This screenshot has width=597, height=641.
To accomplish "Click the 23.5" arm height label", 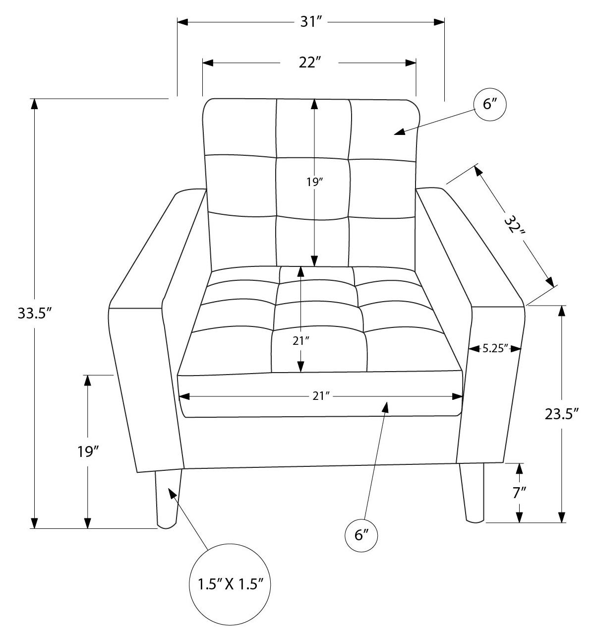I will click(x=562, y=414).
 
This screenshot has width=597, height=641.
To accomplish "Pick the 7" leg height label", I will click(x=519, y=493).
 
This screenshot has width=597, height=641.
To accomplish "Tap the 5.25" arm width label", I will click(x=496, y=349).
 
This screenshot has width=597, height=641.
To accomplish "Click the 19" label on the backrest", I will click(x=314, y=183).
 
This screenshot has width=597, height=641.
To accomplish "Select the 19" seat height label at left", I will click(x=88, y=452).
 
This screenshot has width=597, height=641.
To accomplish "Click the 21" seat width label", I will click(x=321, y=396).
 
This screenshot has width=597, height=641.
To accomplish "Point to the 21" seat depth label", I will click(x=301, y=340).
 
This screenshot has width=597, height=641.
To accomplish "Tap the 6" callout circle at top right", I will click(x=489, y=105).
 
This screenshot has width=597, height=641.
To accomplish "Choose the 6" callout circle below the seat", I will click(x=362, y=535).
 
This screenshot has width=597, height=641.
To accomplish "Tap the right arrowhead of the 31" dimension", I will click(x=439, y=22).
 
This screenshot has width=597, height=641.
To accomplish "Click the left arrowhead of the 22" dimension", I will click(x=208, y=63).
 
